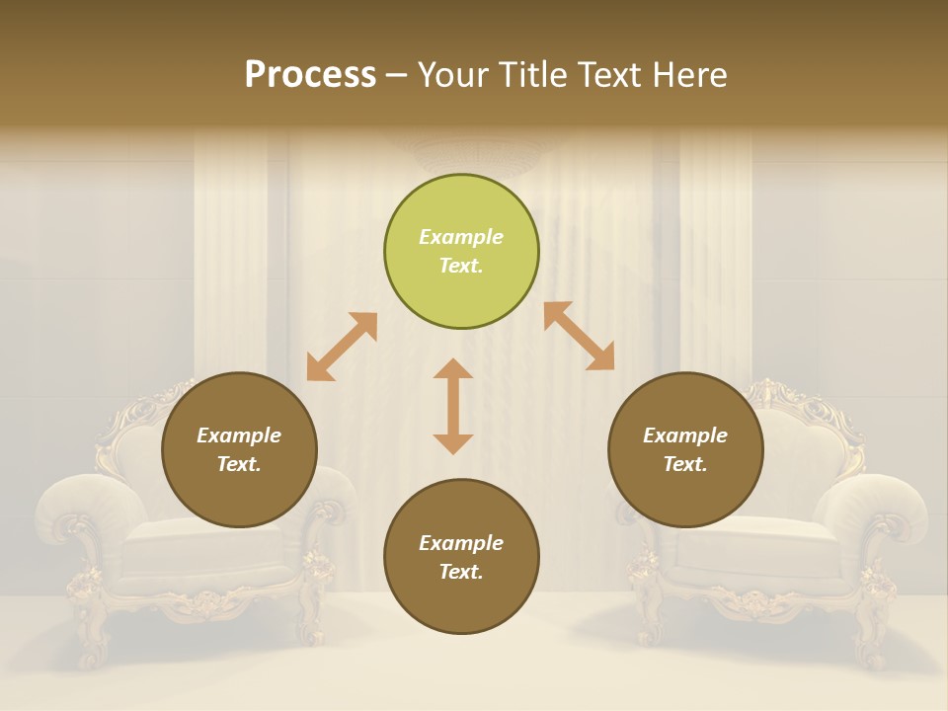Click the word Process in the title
click(310, 75)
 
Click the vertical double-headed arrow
click(453, 406)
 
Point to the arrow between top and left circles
click(342, 347)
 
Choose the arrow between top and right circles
click(579, 336)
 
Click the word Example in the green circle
click(461, 237)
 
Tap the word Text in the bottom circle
click(460, 572)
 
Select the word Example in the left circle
click(239, 435)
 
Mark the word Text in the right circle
click(684, 464)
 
